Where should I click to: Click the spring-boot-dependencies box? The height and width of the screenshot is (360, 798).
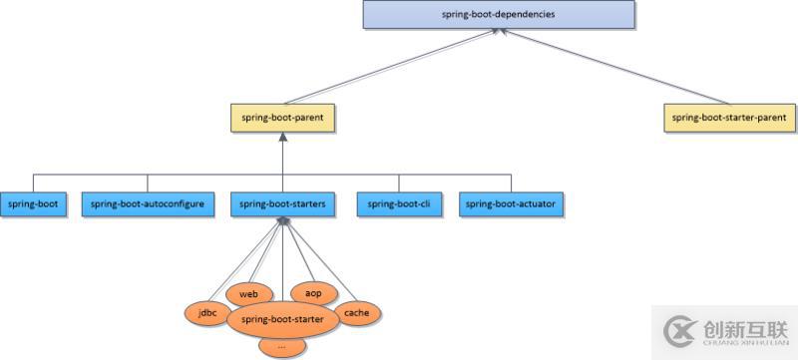point(497,15)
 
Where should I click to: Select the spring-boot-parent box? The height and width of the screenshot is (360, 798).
point(282,118)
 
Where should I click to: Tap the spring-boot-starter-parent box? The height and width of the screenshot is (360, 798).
point(731,118)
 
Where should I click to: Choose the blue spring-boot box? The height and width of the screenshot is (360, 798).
point(33,203)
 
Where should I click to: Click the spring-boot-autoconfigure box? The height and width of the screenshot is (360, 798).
point(147,203)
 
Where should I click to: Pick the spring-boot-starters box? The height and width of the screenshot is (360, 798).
point(283,203)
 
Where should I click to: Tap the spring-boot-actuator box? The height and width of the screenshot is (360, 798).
point(511,203)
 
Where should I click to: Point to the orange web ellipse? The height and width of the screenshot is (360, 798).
point(248,294)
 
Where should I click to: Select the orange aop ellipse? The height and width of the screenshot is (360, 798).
point(312,293)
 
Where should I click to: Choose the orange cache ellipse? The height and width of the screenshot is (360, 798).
point(356,312)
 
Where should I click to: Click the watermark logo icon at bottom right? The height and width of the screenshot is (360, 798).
point(680,328)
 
